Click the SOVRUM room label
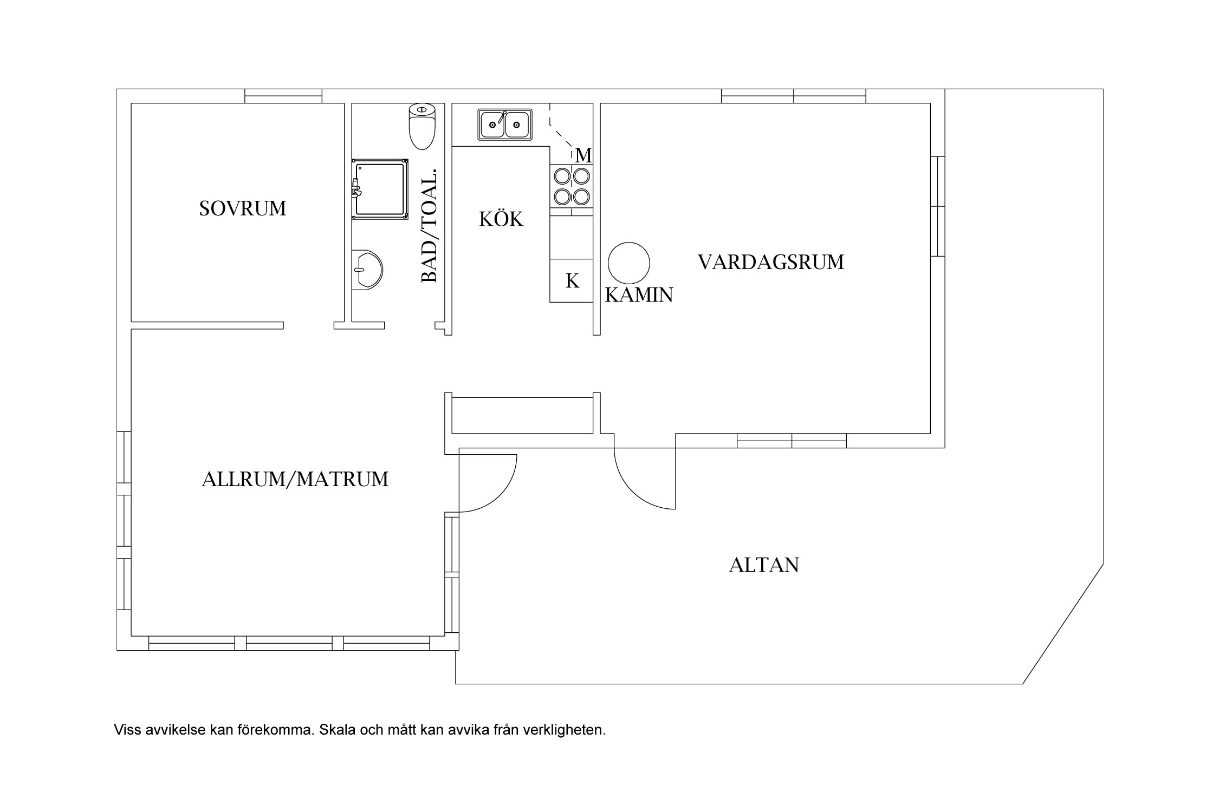click(x=242, y=208)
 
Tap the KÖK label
click(x=501, y=219)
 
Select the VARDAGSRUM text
click(x=770, y=262)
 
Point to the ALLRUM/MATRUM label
click(x=295, y=480)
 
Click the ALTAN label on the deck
click(x=764, y=565)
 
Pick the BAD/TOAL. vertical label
click(x=429, y=226)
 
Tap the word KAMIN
click(x=639, y=295)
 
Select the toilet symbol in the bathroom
click(x=422, y=126)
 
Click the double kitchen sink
click(x=505, y=125)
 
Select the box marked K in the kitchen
click(x=572, y=280)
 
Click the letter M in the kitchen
click(x=583, y=156)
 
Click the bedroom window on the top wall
click(x=283, y=96)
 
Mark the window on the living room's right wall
click(x=938, y=206)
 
